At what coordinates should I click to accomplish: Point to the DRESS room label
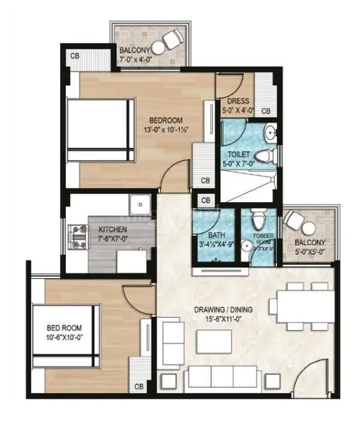(x=233, y=101)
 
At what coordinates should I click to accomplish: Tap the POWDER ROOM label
(x=263, y=238)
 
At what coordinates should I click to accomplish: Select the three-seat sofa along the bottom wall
(x=223, y=377)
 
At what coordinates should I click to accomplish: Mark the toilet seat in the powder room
(x=258, y=215)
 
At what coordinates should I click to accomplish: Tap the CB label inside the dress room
(x=266, y=112)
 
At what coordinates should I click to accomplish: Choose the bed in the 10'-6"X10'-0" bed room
(x=66, y=336)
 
